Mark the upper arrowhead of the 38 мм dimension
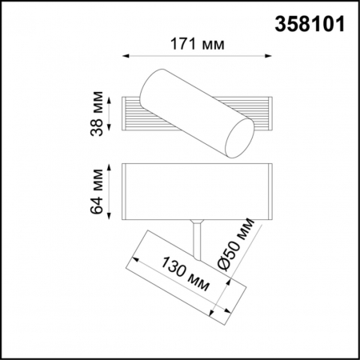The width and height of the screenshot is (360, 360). click(x=110, y=99)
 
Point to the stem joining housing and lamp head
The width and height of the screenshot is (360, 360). click(x=197, y=231)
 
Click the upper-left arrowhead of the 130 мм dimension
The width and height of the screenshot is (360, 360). click(x=134, y=259)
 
